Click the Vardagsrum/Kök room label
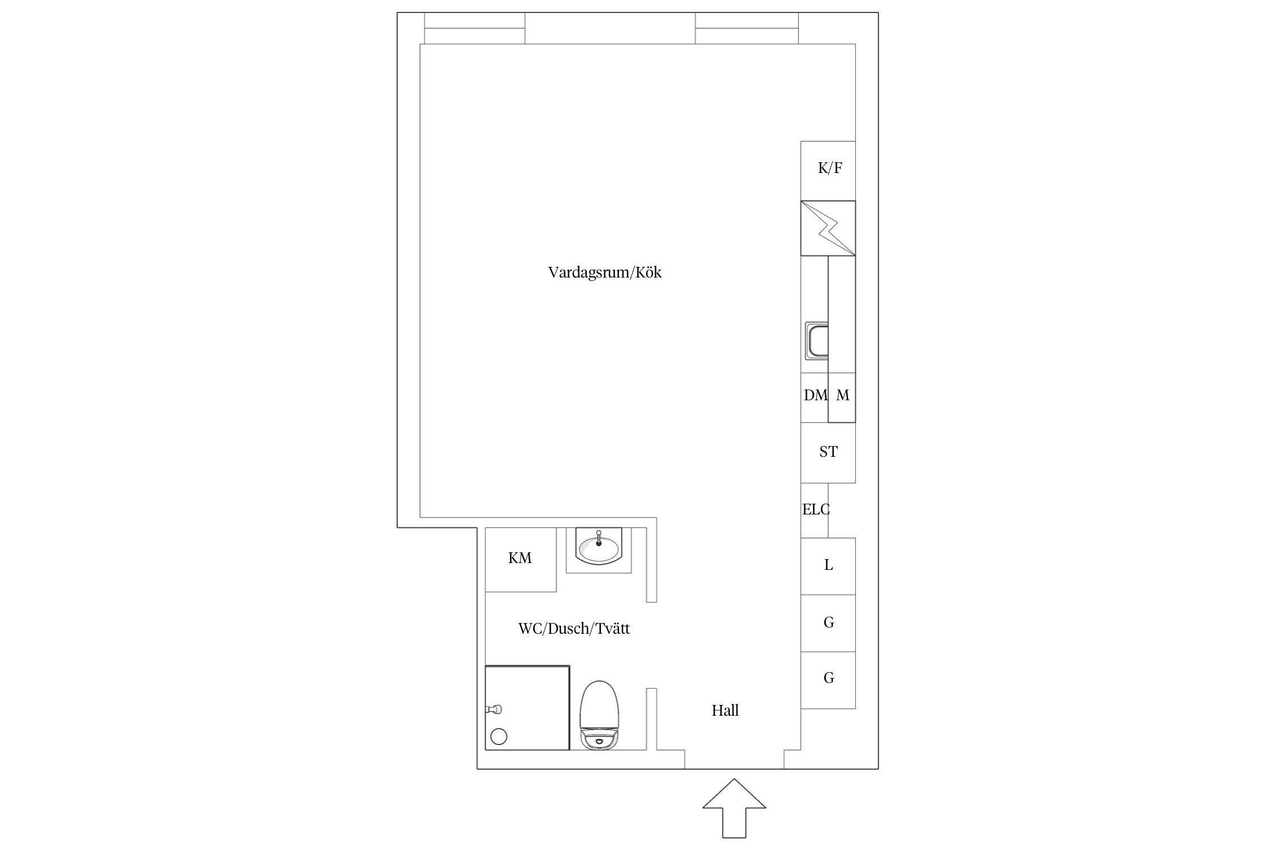pyautogui.click(x=604, y=272)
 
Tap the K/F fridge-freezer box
pyautogui.click(x=828, y=171)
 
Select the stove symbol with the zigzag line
pyautogui.click(x=828, y=228)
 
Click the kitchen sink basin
pyautogui.click(x=816, y=341)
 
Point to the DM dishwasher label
pyautogui.click(x=815, y=396)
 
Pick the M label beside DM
pyautogui.click(x=842, y=396)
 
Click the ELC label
pyautogui.click(x=816, y=510)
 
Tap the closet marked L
pyautogui.click(x=828, y=566)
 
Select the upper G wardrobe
pyautogui.click(x=828, y=623)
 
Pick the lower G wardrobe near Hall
pyautogui.click(x=828, y=680)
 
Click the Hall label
pyautogui.click(x=725, y=711)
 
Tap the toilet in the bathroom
pyautogui.click(x=600, y=715)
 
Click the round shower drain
pyautogui.click(x=499, y=737)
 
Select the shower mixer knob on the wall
pyautogui.click(x=495, y=709)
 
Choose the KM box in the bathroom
pyautogui.click(x=521, y=560)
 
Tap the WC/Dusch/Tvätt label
pyautogui.click(x=574, y=629)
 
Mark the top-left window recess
pyautogui.click(x=474, y=28)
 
